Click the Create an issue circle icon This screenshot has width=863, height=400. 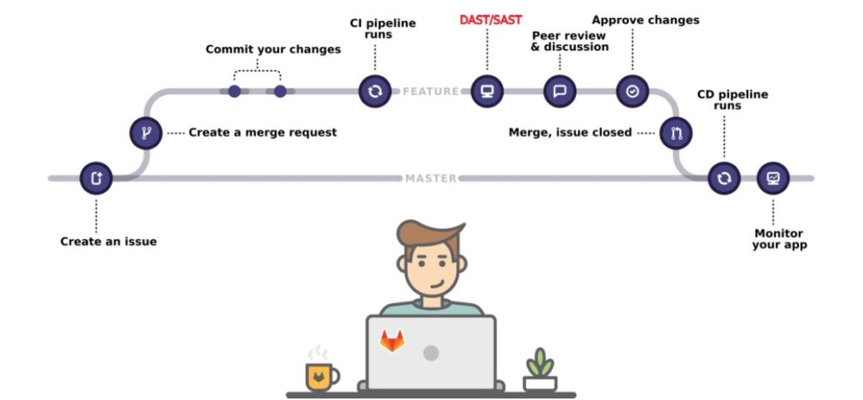point(95,179)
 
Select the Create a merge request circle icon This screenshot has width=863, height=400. point(145,132)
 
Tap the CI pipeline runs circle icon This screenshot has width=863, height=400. point(374,91)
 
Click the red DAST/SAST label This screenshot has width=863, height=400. point(490,19)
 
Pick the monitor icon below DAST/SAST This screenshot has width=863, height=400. point(486,91)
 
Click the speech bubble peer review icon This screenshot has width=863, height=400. point(559,91)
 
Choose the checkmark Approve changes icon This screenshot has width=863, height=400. point(632,91)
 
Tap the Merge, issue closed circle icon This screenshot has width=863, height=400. point(675,132)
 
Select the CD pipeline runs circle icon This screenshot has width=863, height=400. point(723,179)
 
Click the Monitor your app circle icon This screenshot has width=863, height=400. point(773,179)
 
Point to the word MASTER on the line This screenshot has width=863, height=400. point(431,179)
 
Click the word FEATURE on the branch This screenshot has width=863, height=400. point(431,91)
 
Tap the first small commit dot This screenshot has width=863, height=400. point(234,91)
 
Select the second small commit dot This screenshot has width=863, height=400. point(280,91)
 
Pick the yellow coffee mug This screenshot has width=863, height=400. point(321,376)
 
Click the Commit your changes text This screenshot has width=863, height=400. point(273,50)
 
